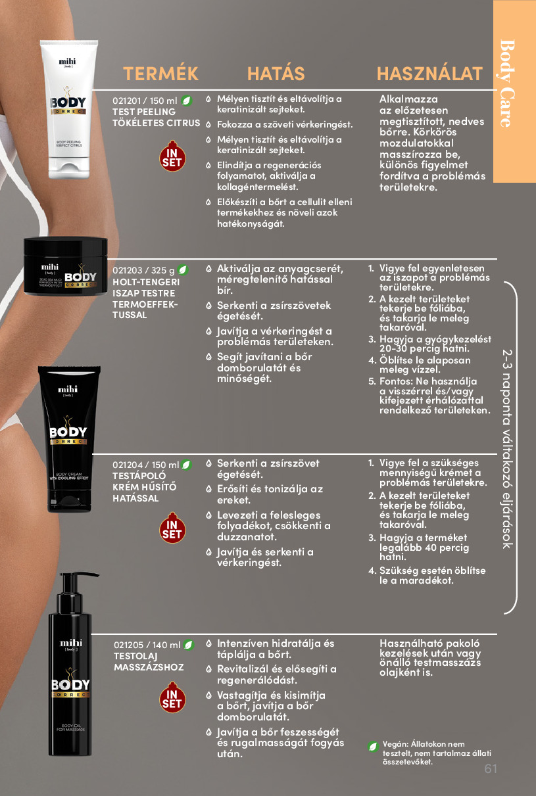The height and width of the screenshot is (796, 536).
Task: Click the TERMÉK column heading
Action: click(x=160, y=74)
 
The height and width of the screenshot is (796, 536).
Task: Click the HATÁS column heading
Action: click(x=276, y=74)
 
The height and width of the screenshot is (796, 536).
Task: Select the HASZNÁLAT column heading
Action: click(x=429, y=74)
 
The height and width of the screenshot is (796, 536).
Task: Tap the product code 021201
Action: click(x=126, y=101)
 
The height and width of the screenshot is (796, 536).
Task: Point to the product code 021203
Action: click(x=127, y=270)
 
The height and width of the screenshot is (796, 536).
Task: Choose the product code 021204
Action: click(x=127, y=465)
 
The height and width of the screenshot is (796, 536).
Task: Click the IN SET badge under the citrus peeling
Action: click(x=172, y=156)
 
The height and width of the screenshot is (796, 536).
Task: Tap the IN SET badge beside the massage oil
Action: click(x=172, y=697)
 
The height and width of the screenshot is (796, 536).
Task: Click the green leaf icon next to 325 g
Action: click(x=183, y=270)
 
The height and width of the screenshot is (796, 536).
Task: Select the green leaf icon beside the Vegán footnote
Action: click(x=373, y=746)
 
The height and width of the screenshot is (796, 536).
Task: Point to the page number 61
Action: click(x=491, y=768)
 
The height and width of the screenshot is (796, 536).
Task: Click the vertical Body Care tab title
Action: click(x=507, y=83)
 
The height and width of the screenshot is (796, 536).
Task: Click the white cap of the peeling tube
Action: click(x=69, y=167)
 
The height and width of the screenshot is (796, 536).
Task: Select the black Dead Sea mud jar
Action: click(x=65, y=266)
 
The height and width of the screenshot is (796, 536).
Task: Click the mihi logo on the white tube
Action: click(x=67, y=62)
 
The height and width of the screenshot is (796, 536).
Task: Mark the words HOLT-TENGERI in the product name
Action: click(x=146, y=282)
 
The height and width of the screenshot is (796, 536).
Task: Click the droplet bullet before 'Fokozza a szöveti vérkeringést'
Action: click(x=208, y=125)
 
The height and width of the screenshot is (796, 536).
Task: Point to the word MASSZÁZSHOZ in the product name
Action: click(x=149, y=667)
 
